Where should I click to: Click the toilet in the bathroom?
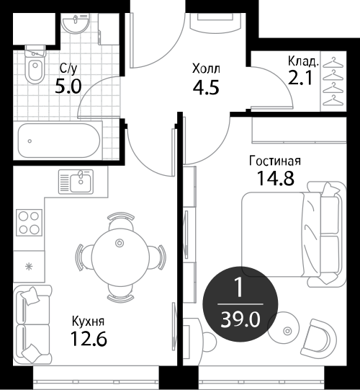pyautogui.click(x=35, y=65)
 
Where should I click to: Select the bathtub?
pyautogui.click(x=59, y=141)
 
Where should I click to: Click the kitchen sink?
pyautogui.click(x=76, y=182)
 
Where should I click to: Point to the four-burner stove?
pyautogui.click(x=29, y=223)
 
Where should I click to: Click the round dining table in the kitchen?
pyautogui.click(x=120, y=257)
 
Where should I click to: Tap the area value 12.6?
pyautogui.click(x=89, y=339)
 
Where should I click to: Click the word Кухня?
pyautogui.click(x=88, y=322)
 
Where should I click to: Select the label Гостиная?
pyautogui.click(x=275, y=161)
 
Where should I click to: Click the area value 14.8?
pyautogui.click(x=275, y=178)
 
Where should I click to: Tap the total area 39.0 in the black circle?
pyautogui.click(x=240, y=319)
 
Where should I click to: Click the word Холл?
pyautogui.click(x=206, y=69)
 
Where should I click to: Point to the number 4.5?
pyautogui.click(x=206, y=87)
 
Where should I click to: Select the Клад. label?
pyautogui.click(x=303, y=61)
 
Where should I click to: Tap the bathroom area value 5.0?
pyautogui.click(x=68, y=87)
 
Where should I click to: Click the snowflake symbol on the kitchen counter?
pyautogui.click(x=30, y=267)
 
